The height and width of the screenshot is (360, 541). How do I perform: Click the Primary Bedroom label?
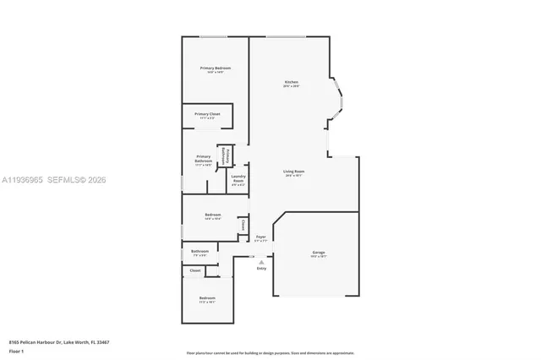coord(216,68)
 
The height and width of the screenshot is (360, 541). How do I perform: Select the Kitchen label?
coord(291,82)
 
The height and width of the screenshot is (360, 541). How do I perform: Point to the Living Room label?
coord(293,172)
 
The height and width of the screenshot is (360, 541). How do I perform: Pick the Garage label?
coord(318,253)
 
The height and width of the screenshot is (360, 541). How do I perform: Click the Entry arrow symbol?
coord(261,262)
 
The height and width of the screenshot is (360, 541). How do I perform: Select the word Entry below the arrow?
coord(261,269)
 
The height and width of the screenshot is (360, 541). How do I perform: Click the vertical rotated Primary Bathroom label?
coord(224,155)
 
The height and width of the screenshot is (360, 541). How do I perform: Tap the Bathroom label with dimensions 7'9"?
coord(199,251)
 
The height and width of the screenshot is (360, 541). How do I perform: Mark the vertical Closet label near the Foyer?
coord(243,225)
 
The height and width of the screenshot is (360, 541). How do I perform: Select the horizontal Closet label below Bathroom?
coord(195,270)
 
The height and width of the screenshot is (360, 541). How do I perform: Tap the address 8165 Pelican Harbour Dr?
coord(59,341)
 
